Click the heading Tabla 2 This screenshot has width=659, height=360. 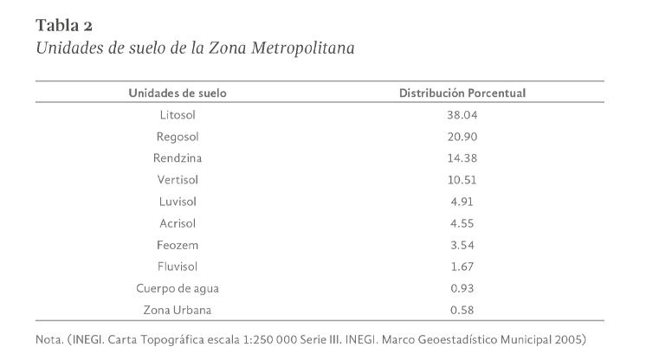pos(63,24)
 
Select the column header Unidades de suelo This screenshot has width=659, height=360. pos(178,93)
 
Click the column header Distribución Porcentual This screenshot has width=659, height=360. pos(462,93)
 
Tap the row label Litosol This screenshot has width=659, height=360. pos(178,114)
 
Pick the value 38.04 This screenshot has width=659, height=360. pos(462,114)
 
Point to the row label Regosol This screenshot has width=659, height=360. pos(178,136)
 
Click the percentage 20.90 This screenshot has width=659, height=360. pos(462,136)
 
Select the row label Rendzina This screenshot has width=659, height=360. pos(178,157)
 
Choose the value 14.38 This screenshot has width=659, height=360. pos(462,157)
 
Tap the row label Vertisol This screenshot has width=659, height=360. pos(178,179)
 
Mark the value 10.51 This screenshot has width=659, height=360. pos(462,179)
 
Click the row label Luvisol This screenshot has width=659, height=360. pos(178,201)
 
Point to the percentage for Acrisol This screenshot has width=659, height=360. pos(462,222)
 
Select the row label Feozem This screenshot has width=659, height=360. pos(178,244)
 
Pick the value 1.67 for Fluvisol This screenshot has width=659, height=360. pos(462,266)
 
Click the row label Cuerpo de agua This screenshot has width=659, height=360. pos(178,287)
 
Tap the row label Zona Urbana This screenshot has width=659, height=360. pos(178,309)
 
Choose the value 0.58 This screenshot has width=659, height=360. pos(462,309)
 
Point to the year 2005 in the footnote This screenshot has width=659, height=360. pos(582,337)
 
